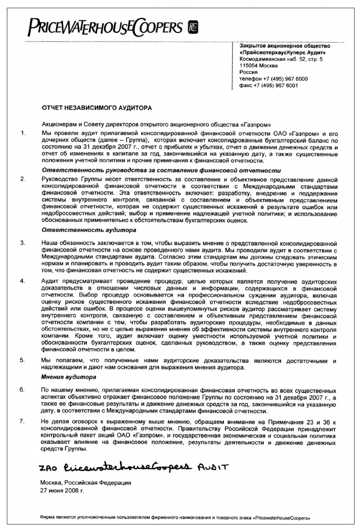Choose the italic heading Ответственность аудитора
(x=82, y=231)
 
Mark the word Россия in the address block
(x=248, y=72)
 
